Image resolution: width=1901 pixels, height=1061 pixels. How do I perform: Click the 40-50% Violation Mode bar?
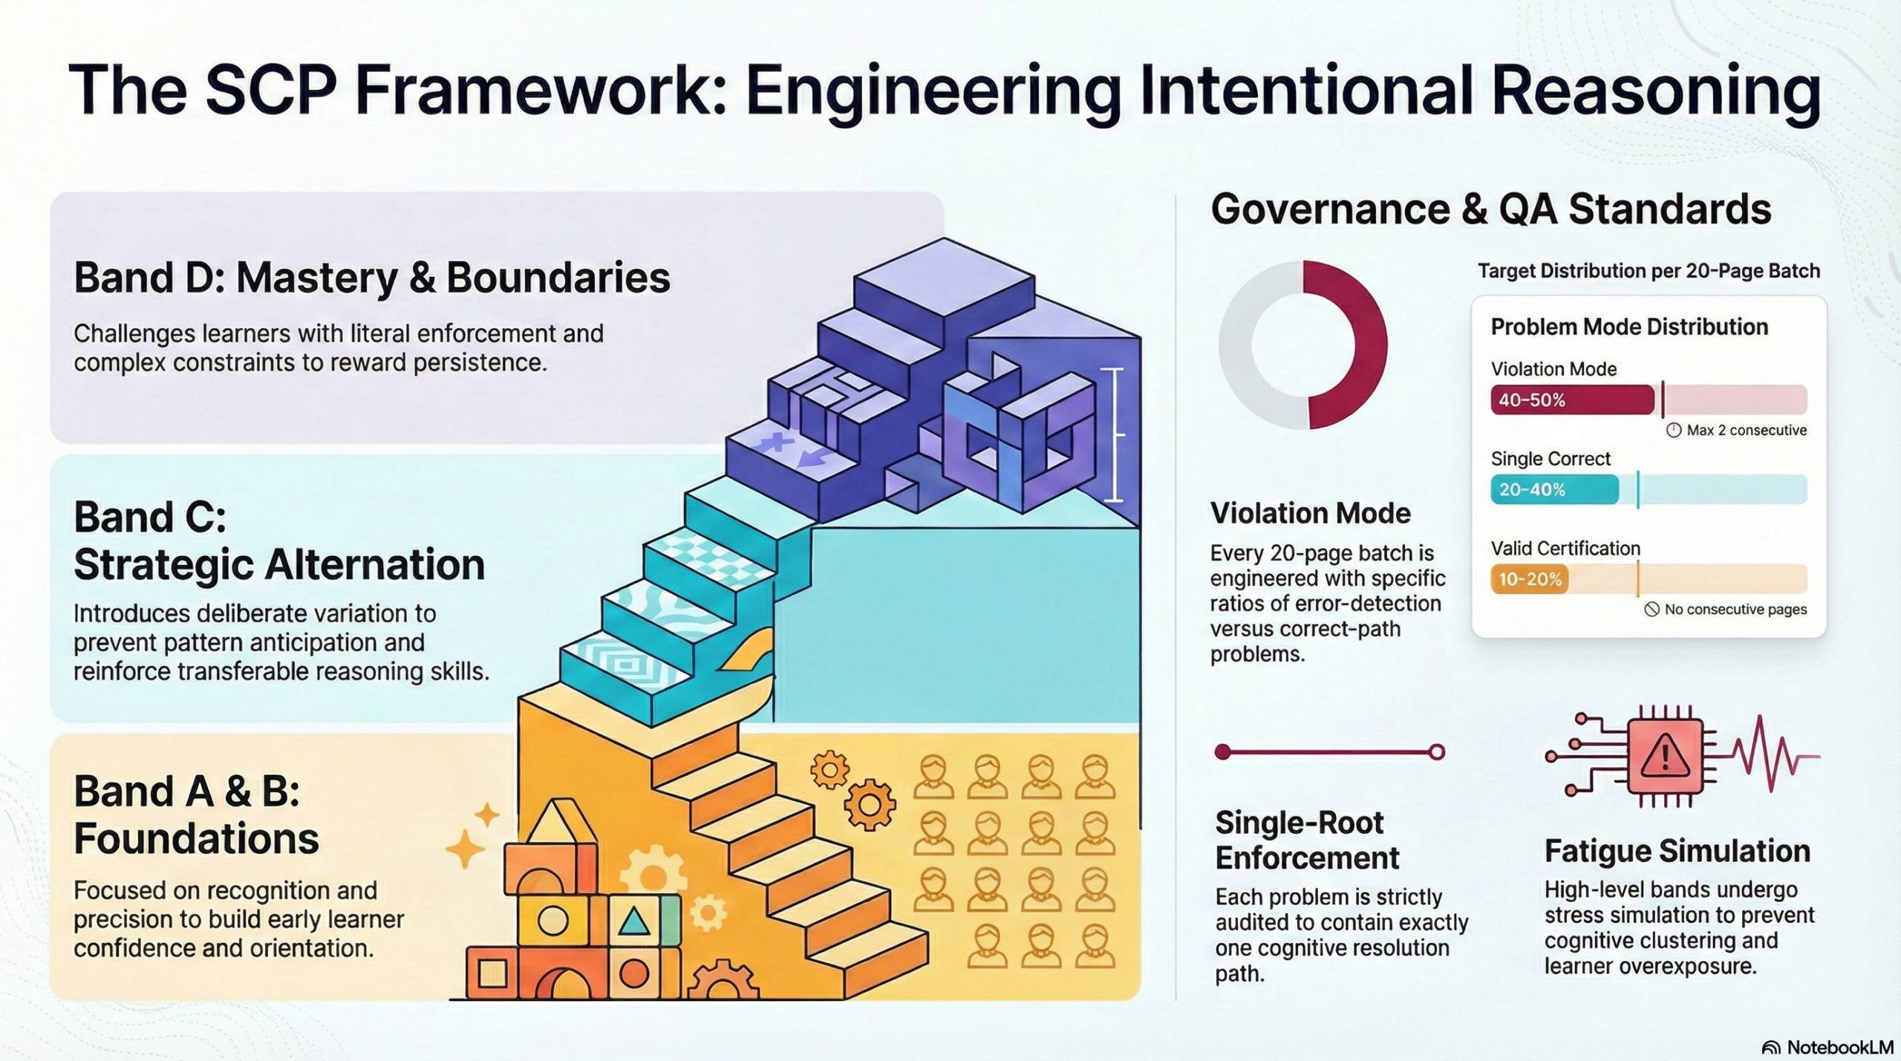pyautogui.click(x=1571, y=400)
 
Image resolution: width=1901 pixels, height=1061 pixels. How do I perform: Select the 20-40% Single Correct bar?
pyautogui.click(x=1553, y=490)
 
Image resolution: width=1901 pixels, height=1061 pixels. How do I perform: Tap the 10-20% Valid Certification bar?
pyautogui.click(x=1529, y=579)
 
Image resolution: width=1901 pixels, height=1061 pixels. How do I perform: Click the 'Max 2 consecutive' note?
pyautogui.click(x=1737, y=431)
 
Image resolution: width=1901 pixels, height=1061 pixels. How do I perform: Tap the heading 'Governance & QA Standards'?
pyautogui.click(x=1490, y=209)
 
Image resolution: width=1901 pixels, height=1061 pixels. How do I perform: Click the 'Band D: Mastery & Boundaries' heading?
pyautogui.click(x=371, y=278)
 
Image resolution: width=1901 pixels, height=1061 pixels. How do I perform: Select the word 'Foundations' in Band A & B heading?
pyautogui.click(x=196, y=839)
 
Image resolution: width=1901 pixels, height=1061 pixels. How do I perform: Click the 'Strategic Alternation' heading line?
pyautogui.click(x=279, y=565)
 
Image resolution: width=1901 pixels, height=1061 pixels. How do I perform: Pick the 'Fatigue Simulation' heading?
pyautogui.click(x=1677, y=852)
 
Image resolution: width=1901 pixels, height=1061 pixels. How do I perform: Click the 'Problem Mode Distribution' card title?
pyautogui.click(x=1629, y=327)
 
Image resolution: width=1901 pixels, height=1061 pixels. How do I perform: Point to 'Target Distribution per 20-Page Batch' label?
pyautogui.click(x=1649, y=272)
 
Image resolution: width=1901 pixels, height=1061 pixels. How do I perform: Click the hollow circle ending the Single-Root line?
pyautogui.click(x=1437, y=753)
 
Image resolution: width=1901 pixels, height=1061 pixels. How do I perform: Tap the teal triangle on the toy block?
pyautogui.click(x=633, y=921)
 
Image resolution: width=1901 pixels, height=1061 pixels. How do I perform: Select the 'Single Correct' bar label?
pyautogui.click(x=1551, y=459)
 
